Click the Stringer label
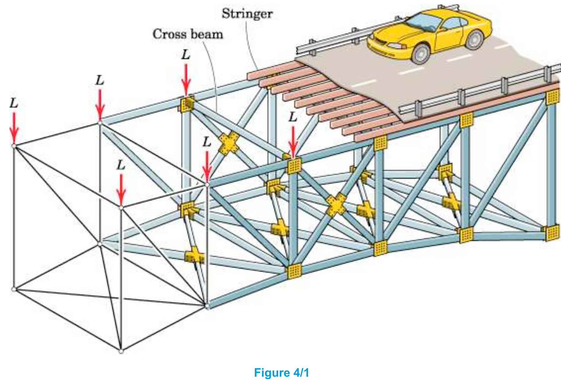pyautogui.click(x=247, y=14)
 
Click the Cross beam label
pyautogui.click(x=187, y=34)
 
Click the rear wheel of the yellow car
pyautogui.click(x=474, y=39)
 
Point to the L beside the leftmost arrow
pyautogui.click(x=14, y=103)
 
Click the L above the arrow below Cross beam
pyautogui.click(x=186, y=55)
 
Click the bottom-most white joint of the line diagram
pyautogui.click(x=121, y=351)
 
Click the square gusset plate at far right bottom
pyautogui.click(x=553, y=233)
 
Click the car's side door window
pyautogui.click(x=451, y=23)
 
